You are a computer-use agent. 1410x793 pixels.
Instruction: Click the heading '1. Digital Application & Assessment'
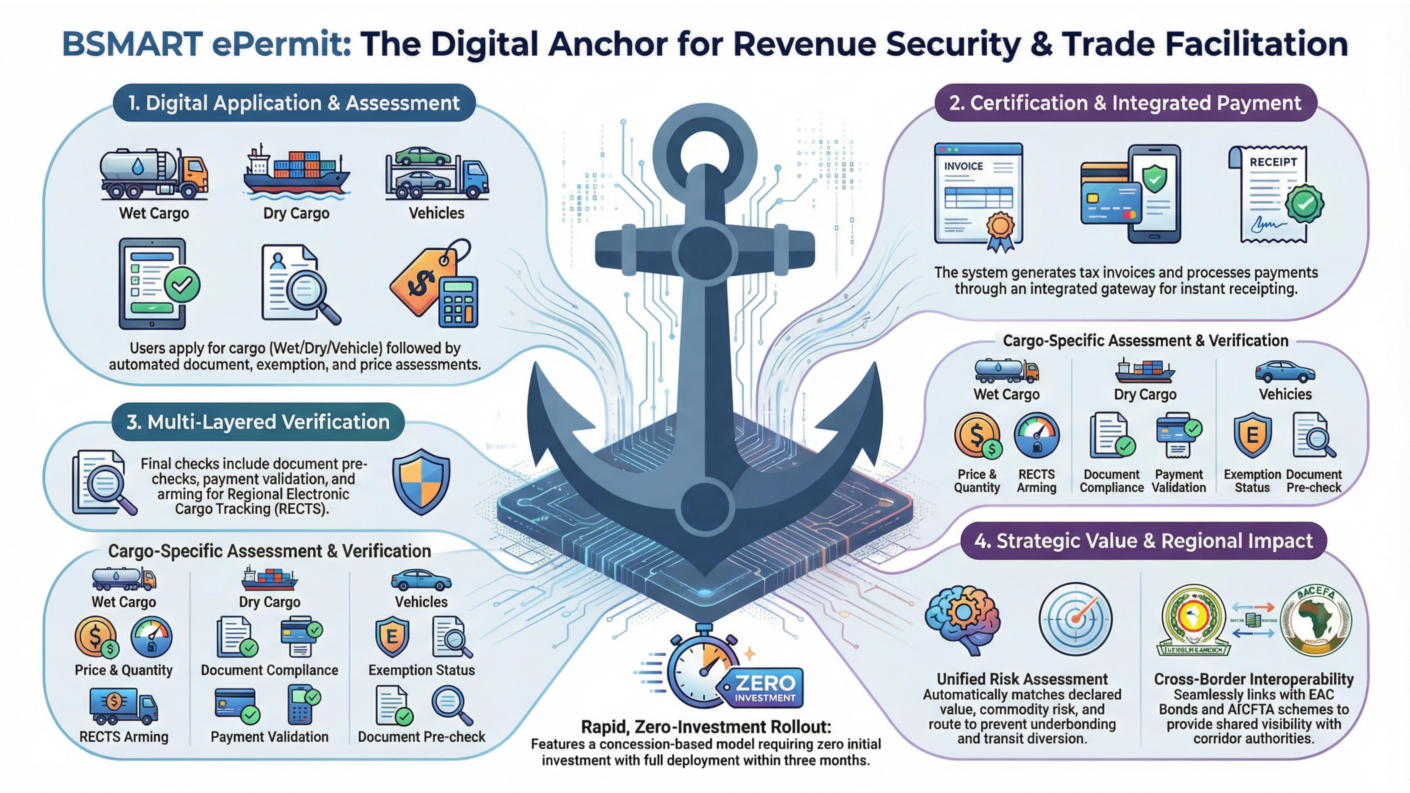tap(294, 103)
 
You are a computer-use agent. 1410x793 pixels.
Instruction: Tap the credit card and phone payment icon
tap(1130, 194)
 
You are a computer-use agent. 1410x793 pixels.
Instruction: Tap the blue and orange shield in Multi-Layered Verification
tap(421, 482)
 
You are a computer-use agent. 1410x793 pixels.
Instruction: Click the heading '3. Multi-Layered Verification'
tap(258, 422)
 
